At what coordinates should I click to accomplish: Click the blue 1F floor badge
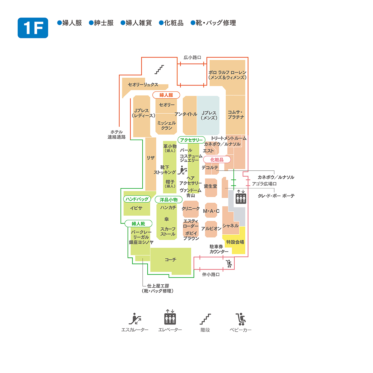33,28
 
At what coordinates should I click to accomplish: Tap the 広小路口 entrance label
192,58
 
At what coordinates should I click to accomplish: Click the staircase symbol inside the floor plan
159,70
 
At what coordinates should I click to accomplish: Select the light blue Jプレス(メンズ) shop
208,115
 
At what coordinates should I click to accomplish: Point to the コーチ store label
170,260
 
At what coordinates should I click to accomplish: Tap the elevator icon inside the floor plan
241,197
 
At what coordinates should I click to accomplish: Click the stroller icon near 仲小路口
229,264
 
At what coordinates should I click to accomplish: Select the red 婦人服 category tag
166,95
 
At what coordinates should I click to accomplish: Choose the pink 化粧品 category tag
217,160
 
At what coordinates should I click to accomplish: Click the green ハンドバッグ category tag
137,199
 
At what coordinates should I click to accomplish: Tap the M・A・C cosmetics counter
211,211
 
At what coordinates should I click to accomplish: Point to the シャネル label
230,226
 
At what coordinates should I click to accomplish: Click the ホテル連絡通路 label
117,135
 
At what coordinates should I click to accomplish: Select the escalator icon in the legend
135,319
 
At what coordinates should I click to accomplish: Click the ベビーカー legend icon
241,319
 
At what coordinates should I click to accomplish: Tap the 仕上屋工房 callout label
158,288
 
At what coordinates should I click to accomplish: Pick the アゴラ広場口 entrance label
264,184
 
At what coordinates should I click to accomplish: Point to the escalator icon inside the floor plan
182,170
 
